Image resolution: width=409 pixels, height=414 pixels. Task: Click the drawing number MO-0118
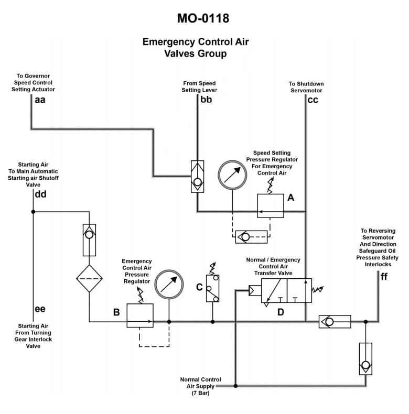[x=203, y=19]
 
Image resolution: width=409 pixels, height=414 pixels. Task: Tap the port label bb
[x=206, y=100]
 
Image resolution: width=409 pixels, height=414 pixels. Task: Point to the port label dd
[x=40, y=194]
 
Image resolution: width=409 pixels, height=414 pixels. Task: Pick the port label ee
[x=40, y=309]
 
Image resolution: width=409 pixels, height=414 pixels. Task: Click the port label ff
[x=384, y=277]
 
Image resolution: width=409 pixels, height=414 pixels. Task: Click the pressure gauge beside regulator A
[x=232, y=175]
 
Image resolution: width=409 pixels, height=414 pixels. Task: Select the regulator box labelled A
[x=271, y=205]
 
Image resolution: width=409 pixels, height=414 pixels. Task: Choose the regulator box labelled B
[x=140, y=315]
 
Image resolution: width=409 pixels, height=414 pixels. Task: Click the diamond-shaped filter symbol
[x=89, y=278]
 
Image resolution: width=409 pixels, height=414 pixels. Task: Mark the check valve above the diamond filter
[x=89, y=239]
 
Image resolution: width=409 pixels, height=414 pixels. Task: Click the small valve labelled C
[x=212, y=288]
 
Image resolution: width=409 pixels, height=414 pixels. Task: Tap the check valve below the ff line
[x=365, y=358]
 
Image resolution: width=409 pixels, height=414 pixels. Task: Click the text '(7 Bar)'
[x=200, y=393]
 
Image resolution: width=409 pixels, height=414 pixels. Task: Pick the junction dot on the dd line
[x=33, y=212]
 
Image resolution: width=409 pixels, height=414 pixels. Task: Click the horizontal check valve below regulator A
[x=251, y=236]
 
